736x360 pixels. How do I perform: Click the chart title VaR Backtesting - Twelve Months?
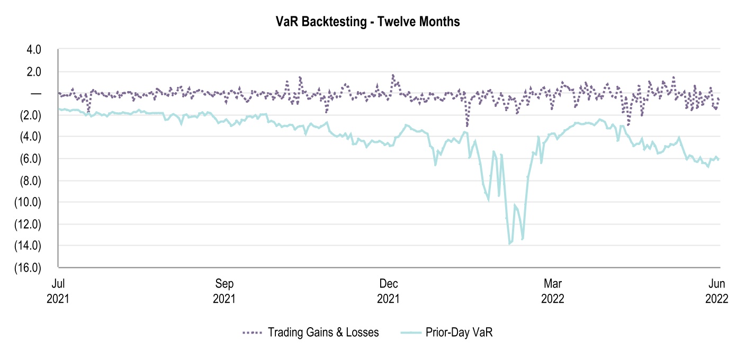[x=367, y=22]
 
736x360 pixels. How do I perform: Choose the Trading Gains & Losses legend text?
[x=323, y=333]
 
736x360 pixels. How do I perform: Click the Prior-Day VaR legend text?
[x=459, y=333]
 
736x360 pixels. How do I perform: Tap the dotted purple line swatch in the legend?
[x=253, y=333]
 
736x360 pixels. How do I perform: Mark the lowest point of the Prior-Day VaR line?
[x=509, y=244]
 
